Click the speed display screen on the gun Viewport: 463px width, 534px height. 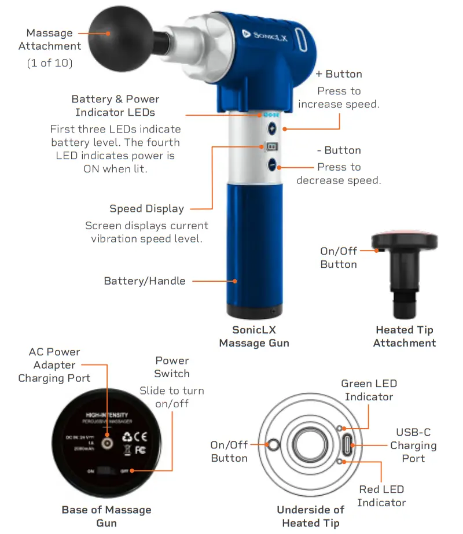[271, 147]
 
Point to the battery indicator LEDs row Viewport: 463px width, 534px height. [267, 115]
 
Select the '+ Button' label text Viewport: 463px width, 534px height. [339, 74]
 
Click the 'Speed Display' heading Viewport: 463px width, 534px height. [146, 209]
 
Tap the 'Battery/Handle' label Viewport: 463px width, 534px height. [145, 281]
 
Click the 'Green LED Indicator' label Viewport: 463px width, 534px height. [369, 390]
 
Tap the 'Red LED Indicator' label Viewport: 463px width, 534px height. [381, 496]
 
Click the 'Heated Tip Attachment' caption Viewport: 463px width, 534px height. [404, 336]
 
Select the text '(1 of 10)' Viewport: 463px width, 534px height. [50, 63]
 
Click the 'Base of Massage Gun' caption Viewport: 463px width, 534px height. [106, 516]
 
